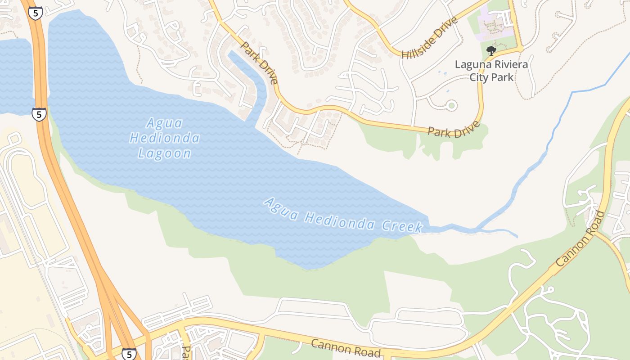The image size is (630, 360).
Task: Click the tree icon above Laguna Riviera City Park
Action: (491, 50)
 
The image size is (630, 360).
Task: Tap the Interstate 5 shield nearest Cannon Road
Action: (129, 354)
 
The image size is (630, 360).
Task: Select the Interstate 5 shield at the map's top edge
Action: (35, 13)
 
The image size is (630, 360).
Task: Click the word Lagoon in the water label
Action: (164, 153)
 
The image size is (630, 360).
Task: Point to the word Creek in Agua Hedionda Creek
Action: (402, 225)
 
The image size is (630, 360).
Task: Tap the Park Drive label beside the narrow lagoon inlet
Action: (259, 63)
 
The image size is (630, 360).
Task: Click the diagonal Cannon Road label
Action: (580, 239)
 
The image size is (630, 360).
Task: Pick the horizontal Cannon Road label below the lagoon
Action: (346, 348)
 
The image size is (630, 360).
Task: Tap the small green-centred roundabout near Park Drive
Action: (451, 106)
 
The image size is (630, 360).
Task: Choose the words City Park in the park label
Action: (491, 77)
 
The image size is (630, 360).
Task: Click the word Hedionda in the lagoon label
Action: (164, 138)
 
